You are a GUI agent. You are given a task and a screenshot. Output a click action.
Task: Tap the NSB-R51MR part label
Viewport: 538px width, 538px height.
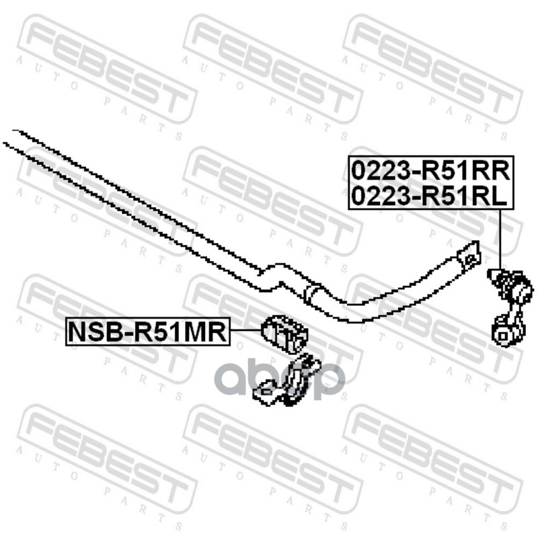click(147, 332)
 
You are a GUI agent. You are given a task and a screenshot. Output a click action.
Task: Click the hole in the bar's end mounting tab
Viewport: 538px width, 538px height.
click(467, 254)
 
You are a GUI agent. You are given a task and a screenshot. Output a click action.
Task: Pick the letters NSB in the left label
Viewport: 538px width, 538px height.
click(93, 332)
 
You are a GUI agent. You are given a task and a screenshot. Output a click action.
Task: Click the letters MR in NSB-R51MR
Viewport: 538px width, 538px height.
click(208, 332)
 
